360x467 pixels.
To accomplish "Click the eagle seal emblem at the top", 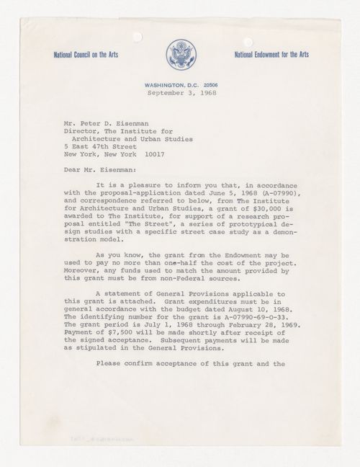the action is [179, 54].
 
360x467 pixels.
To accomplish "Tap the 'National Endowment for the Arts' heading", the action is [277, 55].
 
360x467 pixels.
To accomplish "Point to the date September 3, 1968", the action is [179, 93].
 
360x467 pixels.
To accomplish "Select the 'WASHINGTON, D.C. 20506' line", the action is [179, 84].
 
